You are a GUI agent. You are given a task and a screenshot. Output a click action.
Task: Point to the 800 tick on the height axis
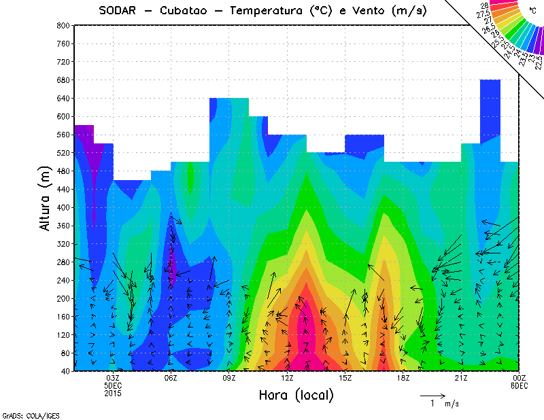[x=63, y=25]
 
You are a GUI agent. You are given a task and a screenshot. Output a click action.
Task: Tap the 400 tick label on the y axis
[x=63, y=207]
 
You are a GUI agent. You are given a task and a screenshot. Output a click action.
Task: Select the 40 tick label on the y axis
[x=65, y=371]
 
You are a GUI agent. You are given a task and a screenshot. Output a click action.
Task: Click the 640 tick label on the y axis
[x=63, y=98]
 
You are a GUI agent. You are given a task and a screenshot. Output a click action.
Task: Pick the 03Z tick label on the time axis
[x=113, y=378]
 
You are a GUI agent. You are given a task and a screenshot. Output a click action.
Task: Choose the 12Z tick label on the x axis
[x=287, y=378]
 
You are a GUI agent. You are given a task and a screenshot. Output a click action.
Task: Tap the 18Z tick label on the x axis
[x=403, y=378]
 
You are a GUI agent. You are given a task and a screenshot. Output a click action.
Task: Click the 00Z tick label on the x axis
[x=519, y=378]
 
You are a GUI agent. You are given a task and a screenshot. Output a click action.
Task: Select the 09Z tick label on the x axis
[x=229, y=378]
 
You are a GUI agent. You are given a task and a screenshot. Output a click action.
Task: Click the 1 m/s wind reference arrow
[x=432, y=395]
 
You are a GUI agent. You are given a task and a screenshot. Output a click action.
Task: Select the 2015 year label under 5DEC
[x=113, y=392]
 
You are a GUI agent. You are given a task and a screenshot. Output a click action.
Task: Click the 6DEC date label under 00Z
[x=519, y=385]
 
